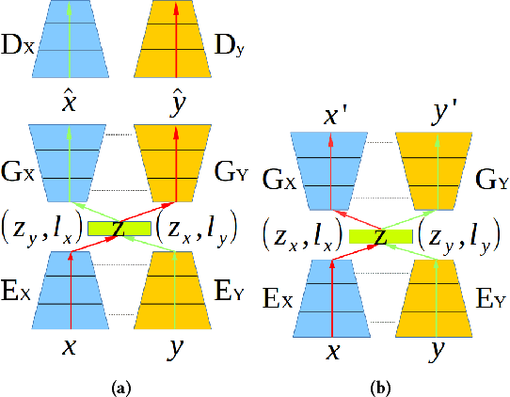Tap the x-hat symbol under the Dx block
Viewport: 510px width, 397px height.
click(x=67, y=101)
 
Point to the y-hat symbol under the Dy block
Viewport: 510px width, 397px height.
click(x=173, y=101)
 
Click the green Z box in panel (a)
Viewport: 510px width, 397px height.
click(x=120, y=228)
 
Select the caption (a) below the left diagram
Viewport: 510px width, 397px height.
click(x=120, y=386)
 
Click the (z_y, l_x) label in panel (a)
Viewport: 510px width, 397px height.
click(x=42, y=229)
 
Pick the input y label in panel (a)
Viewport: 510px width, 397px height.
click(x=173, y=346)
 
